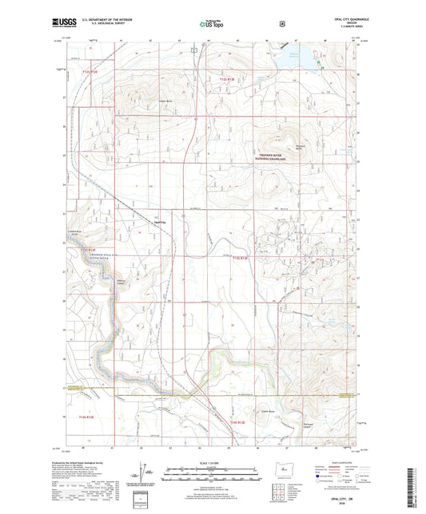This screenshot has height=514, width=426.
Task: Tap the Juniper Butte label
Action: (x=165, y=101)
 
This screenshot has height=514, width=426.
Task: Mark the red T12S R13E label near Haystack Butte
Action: (x=230, y=79)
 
